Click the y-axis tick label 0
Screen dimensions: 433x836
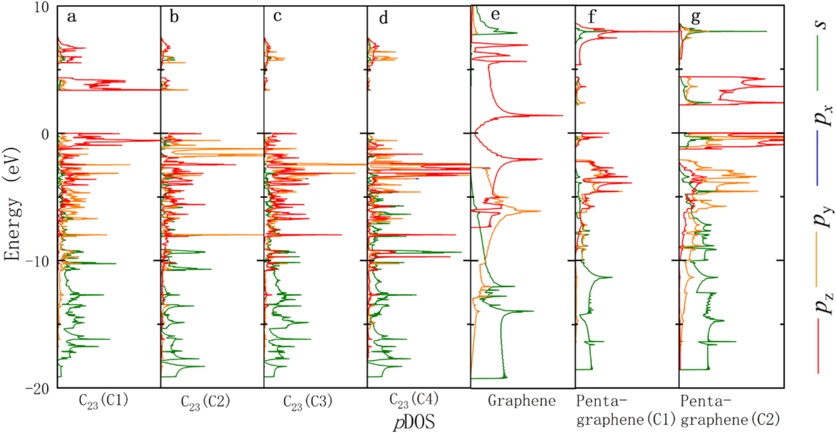coord(45,134)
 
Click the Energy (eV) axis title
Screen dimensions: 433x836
coord(12,204)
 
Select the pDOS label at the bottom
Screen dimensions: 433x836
coord(413,422)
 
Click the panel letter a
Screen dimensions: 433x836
coord(71,17)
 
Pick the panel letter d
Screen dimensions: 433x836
coord(383,18)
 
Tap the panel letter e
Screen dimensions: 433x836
coord(495,15)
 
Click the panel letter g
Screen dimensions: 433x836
coord(695,17)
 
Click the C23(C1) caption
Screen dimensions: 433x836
coord(103,400)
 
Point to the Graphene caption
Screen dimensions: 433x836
coord(521,401)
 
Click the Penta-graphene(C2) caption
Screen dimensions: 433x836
coord(730,411)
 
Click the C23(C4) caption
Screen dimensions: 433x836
coord(413,400)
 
